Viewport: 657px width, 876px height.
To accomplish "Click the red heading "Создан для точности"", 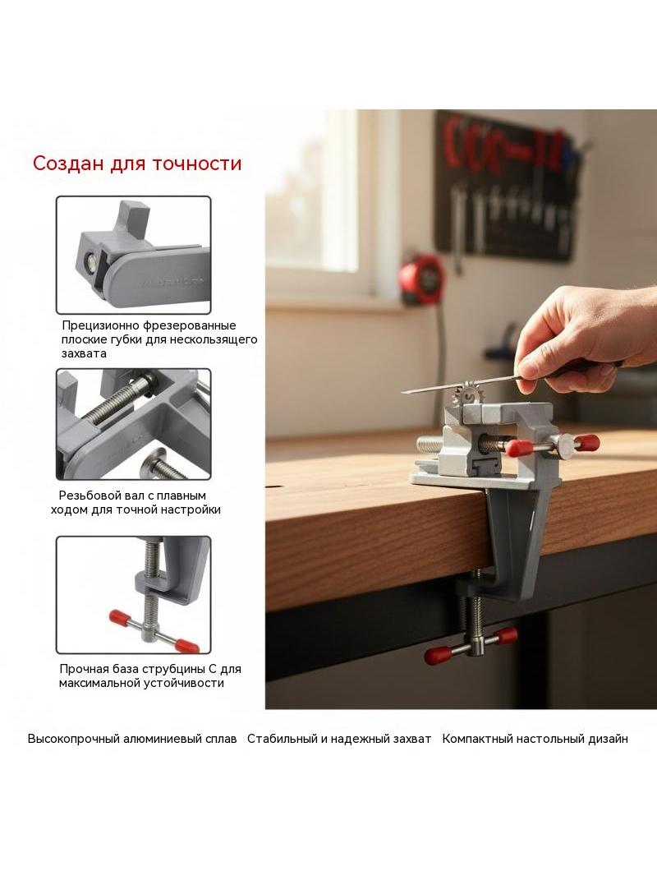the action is point(137,164).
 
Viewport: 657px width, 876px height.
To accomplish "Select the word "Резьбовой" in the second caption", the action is point(87,496).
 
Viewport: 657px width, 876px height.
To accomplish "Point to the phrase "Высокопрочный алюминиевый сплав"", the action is point(132,739).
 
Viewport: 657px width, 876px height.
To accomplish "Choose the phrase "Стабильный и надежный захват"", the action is point(339,739).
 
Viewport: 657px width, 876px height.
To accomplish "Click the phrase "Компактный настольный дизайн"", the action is point(535,739).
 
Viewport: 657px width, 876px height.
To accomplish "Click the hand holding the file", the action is point(583,338).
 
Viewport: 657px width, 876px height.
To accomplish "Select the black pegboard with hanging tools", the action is point(508,184).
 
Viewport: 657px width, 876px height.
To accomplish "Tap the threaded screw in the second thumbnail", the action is point(119,400).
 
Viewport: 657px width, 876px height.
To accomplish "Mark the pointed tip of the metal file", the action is point(402,392).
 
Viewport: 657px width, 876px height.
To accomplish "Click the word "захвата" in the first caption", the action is point(84,353).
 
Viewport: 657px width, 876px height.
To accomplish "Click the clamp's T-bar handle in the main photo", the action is point(471,645).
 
